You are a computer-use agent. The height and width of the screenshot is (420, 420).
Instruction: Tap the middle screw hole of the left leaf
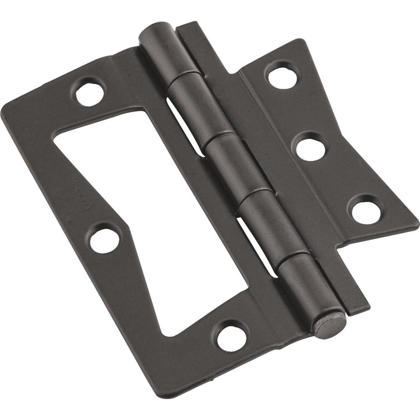click(104, 240)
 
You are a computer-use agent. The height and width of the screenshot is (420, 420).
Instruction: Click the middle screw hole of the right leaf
click(310, 148)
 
